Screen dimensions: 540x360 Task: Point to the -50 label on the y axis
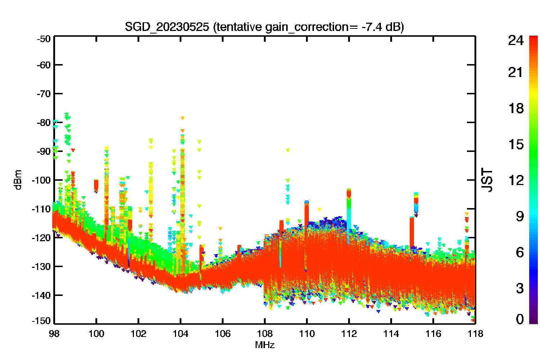[44, 39]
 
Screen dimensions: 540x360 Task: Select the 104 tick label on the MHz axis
[180, 334]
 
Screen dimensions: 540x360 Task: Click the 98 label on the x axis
[54, 334]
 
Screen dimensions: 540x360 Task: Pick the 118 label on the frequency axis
[475, 334]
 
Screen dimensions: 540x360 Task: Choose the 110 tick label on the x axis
[307, 334]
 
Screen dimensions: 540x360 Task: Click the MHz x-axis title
[265, 345]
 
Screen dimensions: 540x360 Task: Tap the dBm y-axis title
[18, 180]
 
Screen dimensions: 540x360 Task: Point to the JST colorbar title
[487, 180]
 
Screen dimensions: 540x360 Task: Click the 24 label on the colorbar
[516, 40]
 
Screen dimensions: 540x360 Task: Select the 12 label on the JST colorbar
[516, 180]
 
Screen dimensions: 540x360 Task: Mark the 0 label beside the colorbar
[520, 319]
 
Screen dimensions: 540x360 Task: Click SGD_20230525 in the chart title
[167, 27]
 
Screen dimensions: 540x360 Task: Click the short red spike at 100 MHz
[96, 185]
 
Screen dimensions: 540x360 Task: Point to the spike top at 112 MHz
[349, 189]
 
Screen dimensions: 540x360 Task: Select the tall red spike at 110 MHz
[307, 217]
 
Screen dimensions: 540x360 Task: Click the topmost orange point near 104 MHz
[183, 118]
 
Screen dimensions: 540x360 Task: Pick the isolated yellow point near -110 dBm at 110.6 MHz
[319, 209]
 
